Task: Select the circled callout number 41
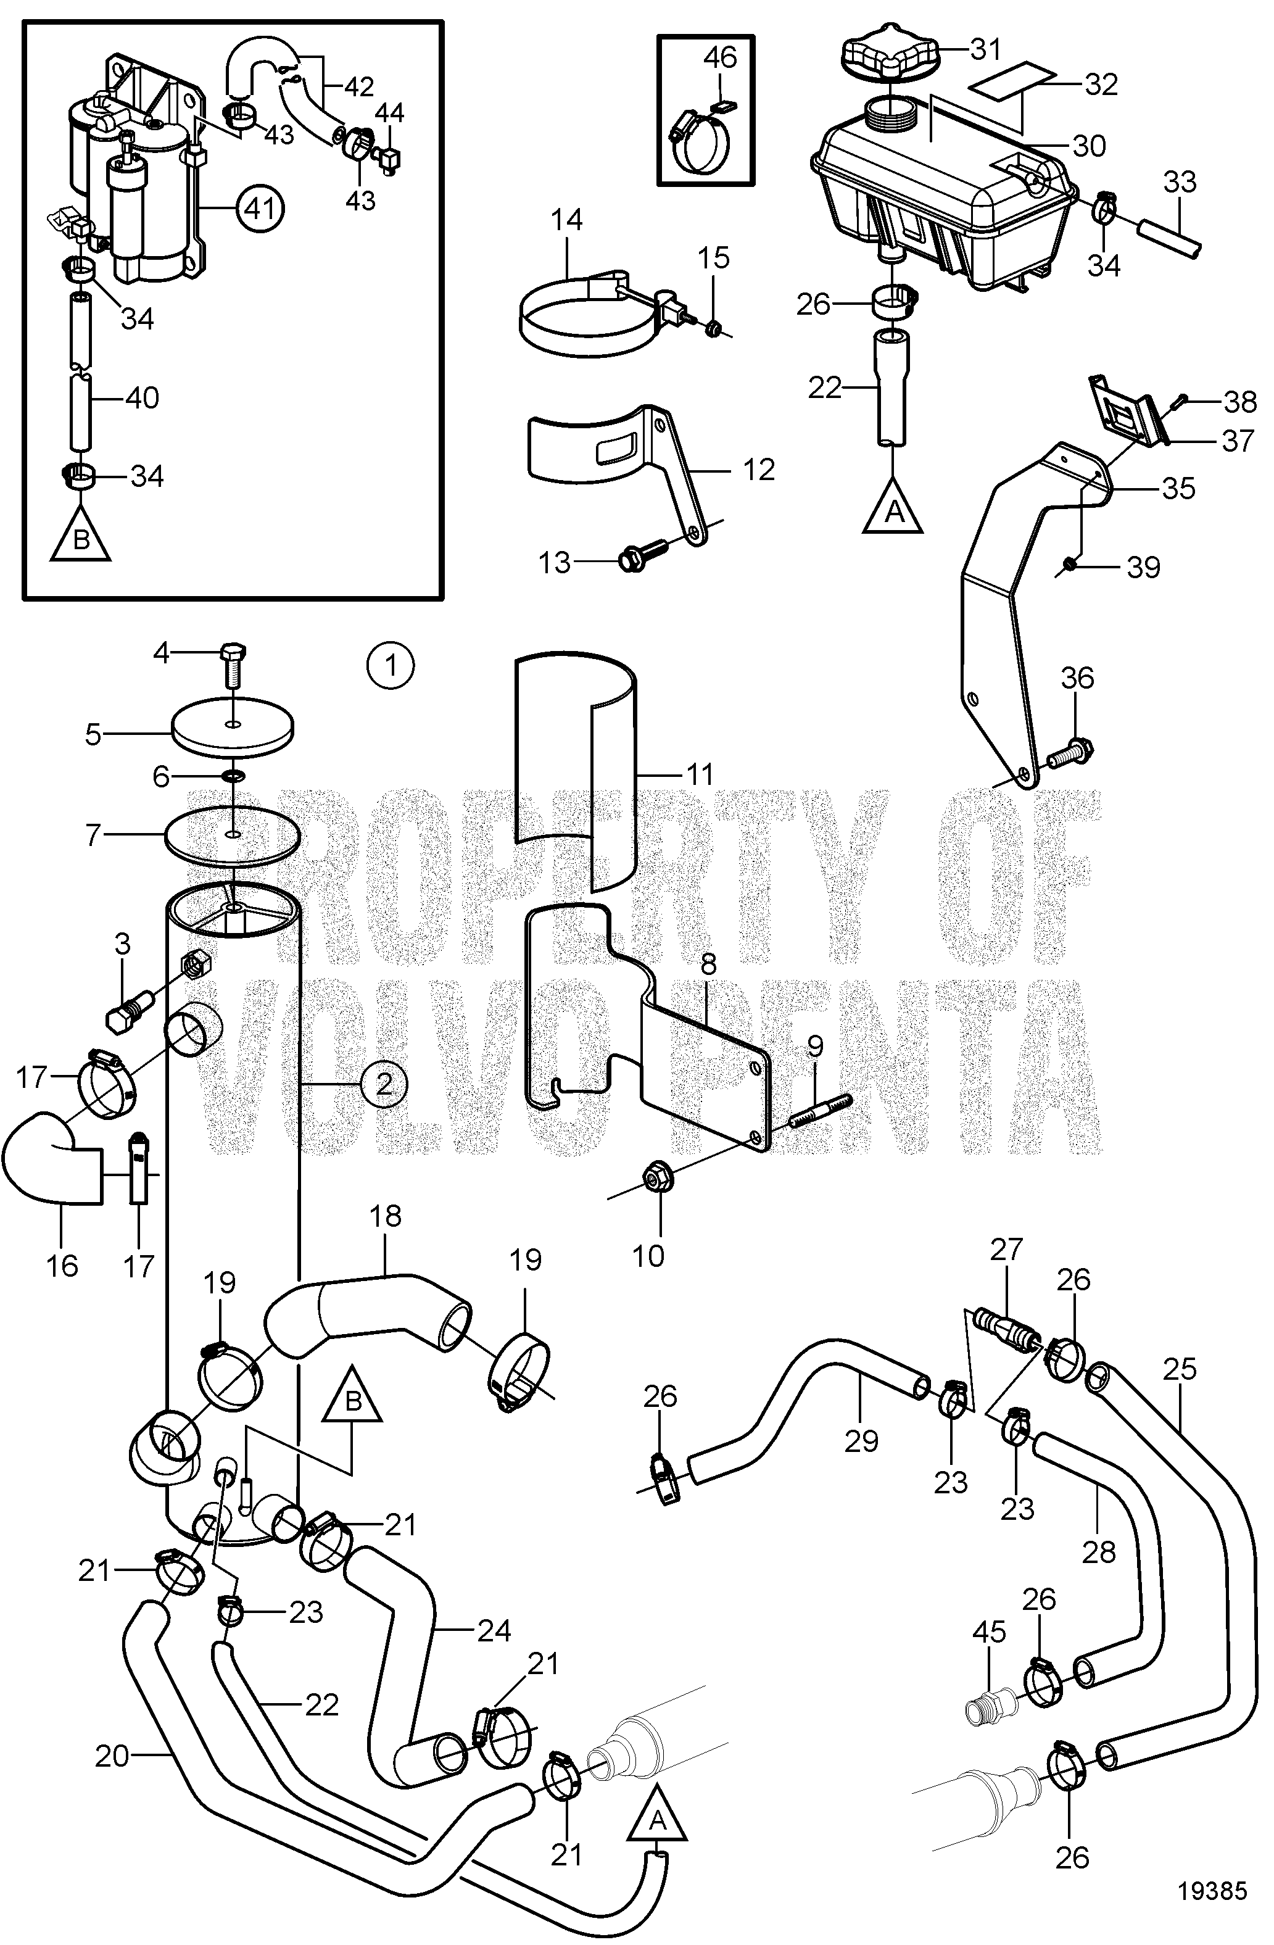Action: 260,210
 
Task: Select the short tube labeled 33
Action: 1169,235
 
